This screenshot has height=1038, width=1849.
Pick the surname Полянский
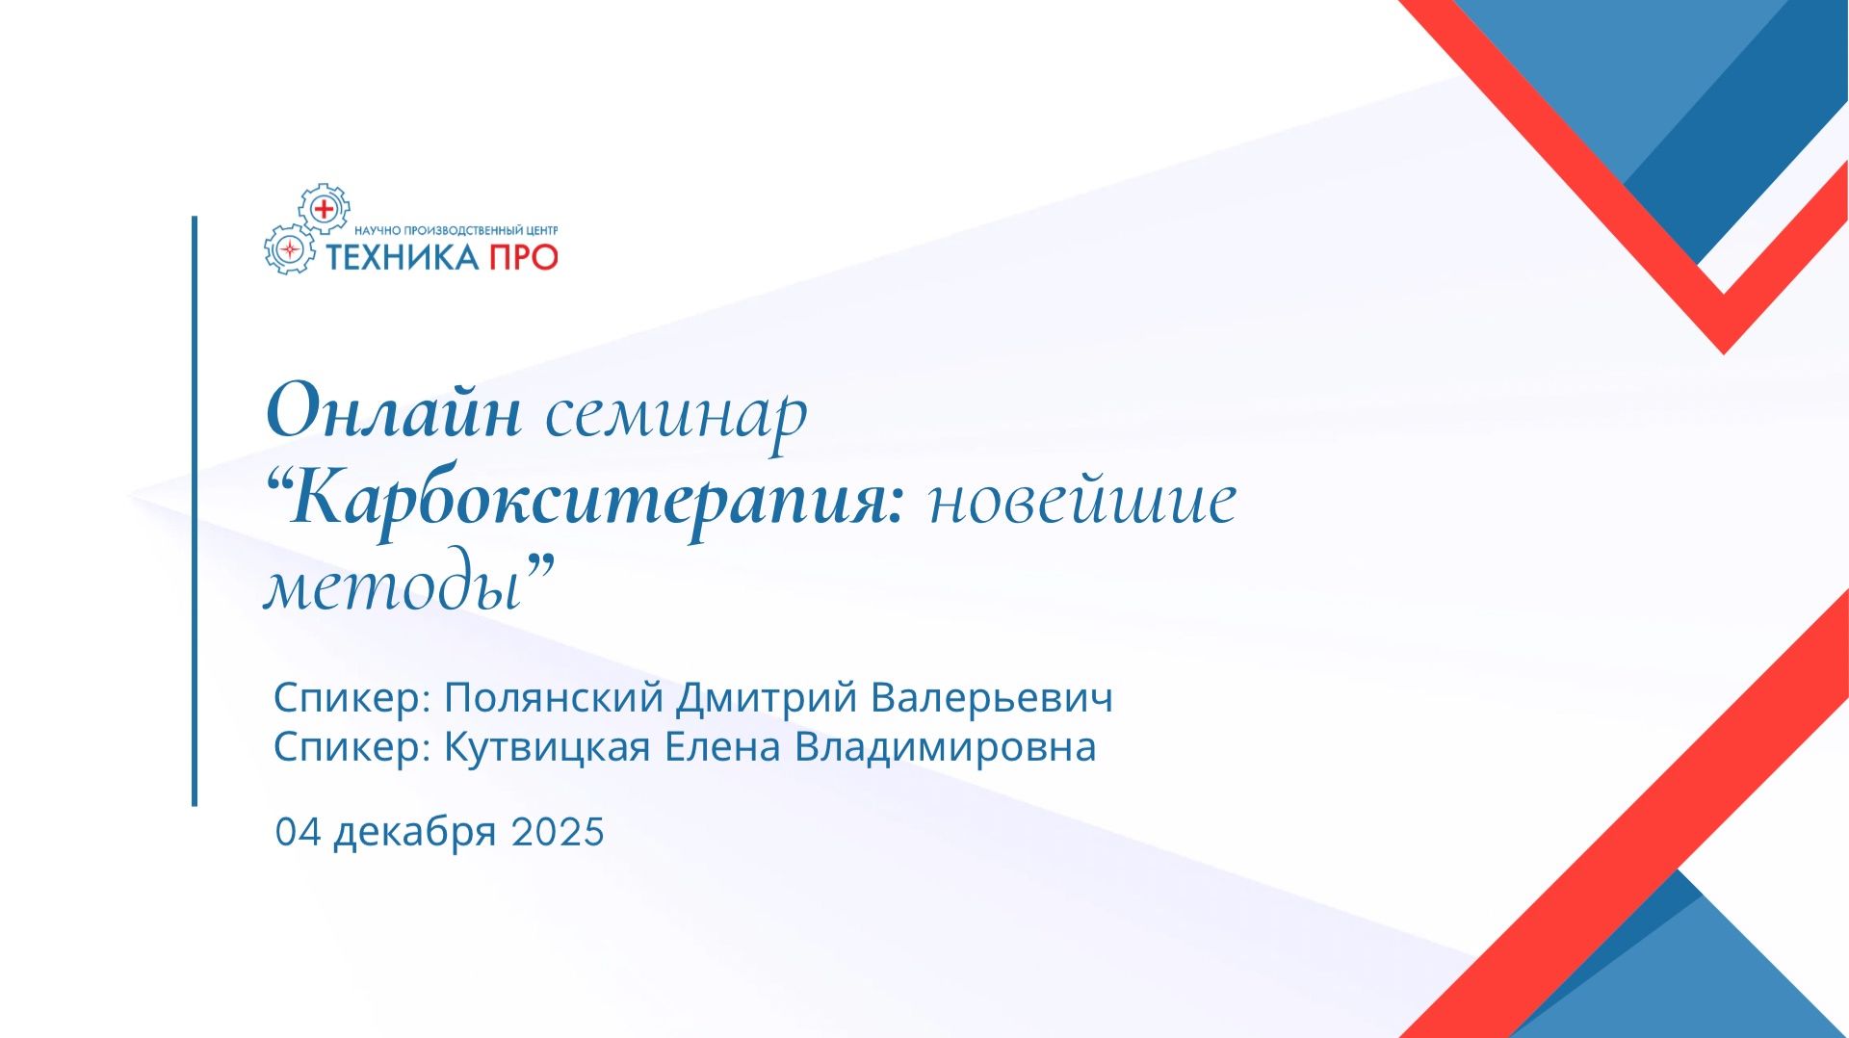tap(554, 697)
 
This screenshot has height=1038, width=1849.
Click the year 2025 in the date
tap(558, 832)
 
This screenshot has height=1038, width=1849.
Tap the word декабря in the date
tap(415, 833)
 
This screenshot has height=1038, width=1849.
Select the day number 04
tap(298, 832)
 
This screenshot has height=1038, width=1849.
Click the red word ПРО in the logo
tap(524, 257)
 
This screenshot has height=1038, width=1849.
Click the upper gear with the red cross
tap(324, 209)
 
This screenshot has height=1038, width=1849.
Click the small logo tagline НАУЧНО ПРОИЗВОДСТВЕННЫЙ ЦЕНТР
tap(456, 231)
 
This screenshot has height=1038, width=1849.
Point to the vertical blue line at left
tap(195, 510)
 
